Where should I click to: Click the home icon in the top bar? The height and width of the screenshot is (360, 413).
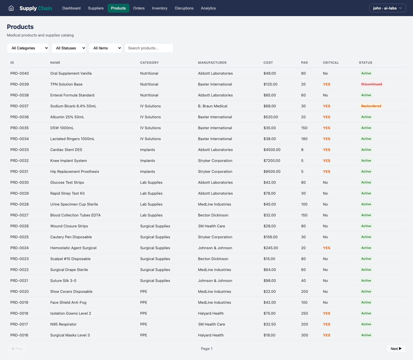pyautogui.click(x=11, y=8)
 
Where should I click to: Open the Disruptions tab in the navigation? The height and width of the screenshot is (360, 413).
pyautogui.click(x=184, y=8)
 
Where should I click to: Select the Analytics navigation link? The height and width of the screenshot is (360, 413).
pyautogui.click(x=208, y=8)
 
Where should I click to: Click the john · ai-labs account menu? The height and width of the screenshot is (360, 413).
pyautogui.click(x=387, y=8)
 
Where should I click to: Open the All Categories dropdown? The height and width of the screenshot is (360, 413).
pyautogui.click(x=28, y=48)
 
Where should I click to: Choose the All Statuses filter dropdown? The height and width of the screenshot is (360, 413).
pyautogui.click(x=69, y=48)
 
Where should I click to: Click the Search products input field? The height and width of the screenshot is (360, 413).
pyautogui.click(x=149, y=48)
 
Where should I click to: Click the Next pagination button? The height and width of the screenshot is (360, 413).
pyautogui.click(x=396, y=349)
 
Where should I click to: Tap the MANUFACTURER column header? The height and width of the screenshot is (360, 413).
pyautogui.click(x=212, y=63)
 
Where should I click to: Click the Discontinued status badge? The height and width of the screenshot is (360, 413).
pyautogui.click(x=371, y=84)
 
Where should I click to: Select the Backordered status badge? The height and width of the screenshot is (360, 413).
pyautogui.click(x=371, y=106)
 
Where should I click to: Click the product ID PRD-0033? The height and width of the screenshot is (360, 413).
pyautogui.click(x=20, y=150)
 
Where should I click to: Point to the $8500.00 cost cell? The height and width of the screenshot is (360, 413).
pyautogui.click(x=272, y=171)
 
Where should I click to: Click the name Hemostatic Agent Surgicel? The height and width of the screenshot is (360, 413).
pyautogui.click(x=73, y=248)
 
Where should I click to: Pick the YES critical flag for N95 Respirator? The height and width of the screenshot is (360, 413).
pyautogui.click(x=326, y=324)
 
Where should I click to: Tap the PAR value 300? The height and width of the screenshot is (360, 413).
pyautogui.click(x=304, y=335)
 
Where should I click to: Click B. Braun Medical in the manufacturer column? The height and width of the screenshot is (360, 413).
pyautogui.click(x=213, y=106)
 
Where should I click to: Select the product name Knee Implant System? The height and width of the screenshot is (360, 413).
pyautogui.click(x=69, y=160)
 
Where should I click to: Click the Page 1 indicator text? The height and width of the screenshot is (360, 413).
pyautogui.click(x=206, y=349)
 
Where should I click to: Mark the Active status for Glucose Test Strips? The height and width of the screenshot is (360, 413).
pyautogui.click(x=366, y=182)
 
